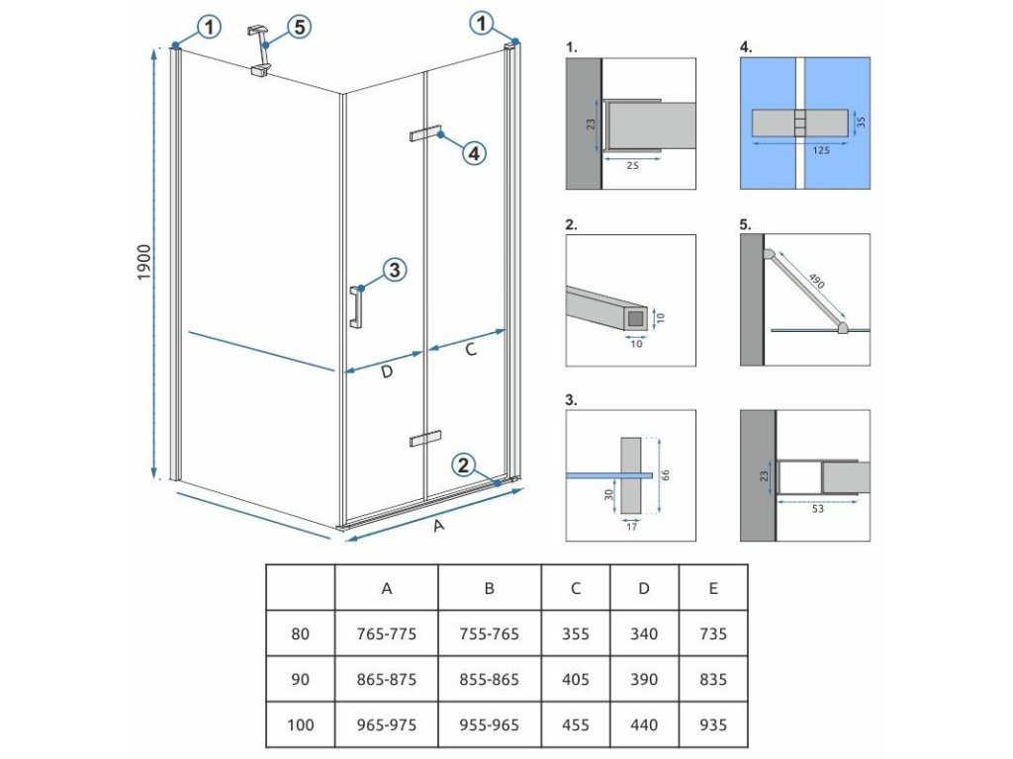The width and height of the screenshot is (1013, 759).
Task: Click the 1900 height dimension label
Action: point(144,261)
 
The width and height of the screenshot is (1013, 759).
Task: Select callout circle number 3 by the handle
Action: point(393,270)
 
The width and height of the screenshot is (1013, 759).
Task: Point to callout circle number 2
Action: point(464,465)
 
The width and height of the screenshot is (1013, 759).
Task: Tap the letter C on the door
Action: point(471,348)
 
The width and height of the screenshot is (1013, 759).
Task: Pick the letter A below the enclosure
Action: point(439,527)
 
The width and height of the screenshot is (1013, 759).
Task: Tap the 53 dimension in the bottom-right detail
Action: point(816,510)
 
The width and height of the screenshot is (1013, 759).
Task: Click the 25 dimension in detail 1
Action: point(632,166)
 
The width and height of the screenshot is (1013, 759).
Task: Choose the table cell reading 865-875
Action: point(387,680)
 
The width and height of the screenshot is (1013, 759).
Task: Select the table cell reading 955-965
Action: point(489,725)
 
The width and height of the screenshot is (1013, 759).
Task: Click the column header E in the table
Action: point(712,589)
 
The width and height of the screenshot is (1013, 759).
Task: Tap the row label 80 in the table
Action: point(300,634)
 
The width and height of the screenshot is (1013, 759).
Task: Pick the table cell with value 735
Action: point(712,634)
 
